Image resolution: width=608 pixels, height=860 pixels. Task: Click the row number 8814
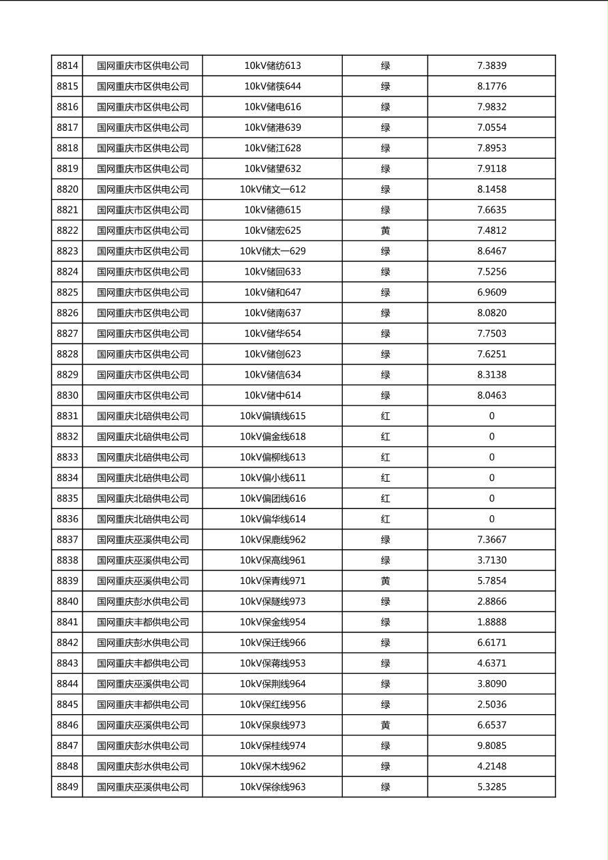[67, 66]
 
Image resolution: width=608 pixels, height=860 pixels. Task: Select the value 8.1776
[491, 87]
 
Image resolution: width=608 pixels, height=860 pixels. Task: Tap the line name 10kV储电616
[273, 107]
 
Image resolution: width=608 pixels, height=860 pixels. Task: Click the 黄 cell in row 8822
[385, 230]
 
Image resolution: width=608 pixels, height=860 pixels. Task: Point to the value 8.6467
[491, 251]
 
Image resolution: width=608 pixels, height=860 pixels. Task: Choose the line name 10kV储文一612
[273, 189]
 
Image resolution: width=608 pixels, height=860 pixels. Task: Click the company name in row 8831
[142, 416]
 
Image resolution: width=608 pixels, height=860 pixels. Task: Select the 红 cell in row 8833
[385, 457]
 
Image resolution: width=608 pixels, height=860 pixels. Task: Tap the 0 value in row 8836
[491, 519]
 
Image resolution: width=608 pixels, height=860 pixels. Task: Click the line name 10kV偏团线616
[273, 499]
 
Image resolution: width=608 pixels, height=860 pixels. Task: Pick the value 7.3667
[491, 540]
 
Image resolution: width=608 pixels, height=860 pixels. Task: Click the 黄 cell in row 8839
[385, 581]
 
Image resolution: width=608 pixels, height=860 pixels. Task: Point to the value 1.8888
[491, 622]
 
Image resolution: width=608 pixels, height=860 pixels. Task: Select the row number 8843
[67, 664]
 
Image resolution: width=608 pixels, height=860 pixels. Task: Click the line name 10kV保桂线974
[273, 746]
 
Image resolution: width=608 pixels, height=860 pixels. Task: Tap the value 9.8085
[491, 746]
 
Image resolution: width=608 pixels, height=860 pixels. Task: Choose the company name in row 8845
[142, 705]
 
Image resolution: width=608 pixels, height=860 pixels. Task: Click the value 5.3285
[491, 787]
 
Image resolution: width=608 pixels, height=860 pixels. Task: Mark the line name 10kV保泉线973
[273, 725]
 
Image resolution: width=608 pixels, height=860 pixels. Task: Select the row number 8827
[67, 334]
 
